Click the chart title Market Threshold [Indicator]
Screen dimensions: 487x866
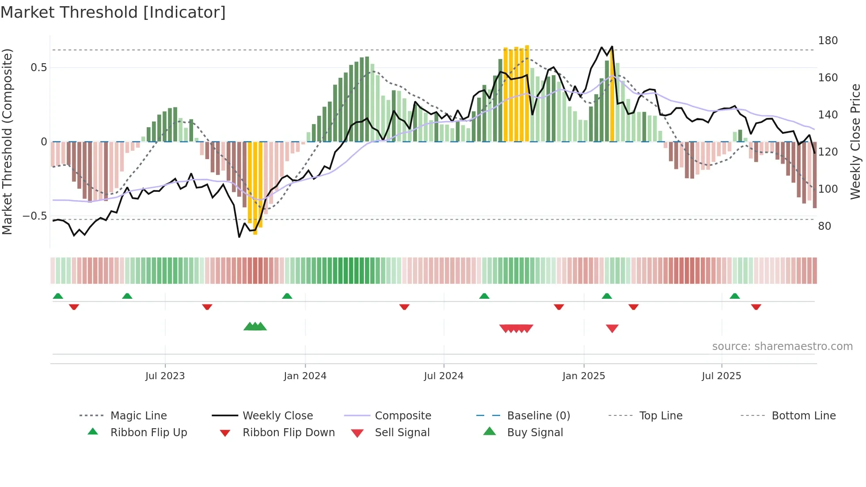[x=113, y=12]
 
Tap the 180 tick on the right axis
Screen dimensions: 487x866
[x=828, y=41]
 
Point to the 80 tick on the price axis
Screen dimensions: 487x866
[x=824, y=226]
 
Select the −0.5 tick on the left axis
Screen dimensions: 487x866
[x=35, y=216]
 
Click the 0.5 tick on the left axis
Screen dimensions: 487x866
[x=39, y=68]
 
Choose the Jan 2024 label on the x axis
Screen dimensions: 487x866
[x=305, y=376]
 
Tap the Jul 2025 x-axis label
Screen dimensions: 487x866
[x=721, y=376]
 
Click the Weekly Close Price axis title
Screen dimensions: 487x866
[x=855, y=141]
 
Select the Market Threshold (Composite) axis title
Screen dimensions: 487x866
[x=7, y=141]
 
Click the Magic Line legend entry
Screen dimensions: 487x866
[x=138, y=416]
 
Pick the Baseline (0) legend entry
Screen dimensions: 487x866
[x=538, y=416]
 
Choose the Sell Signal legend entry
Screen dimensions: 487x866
[x=402, y=433]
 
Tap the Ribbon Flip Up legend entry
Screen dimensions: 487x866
[x=148, y=433]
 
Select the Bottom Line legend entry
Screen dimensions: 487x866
[x=803, y=416]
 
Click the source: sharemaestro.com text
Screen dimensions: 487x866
[x=782, y=346]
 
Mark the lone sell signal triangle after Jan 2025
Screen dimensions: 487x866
[x=612, y=328]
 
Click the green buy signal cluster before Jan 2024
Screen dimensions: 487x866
[x=255, y=327]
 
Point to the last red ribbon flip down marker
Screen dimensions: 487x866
[x=756, y=307]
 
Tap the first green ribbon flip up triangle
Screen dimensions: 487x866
[x=58, y=296]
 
